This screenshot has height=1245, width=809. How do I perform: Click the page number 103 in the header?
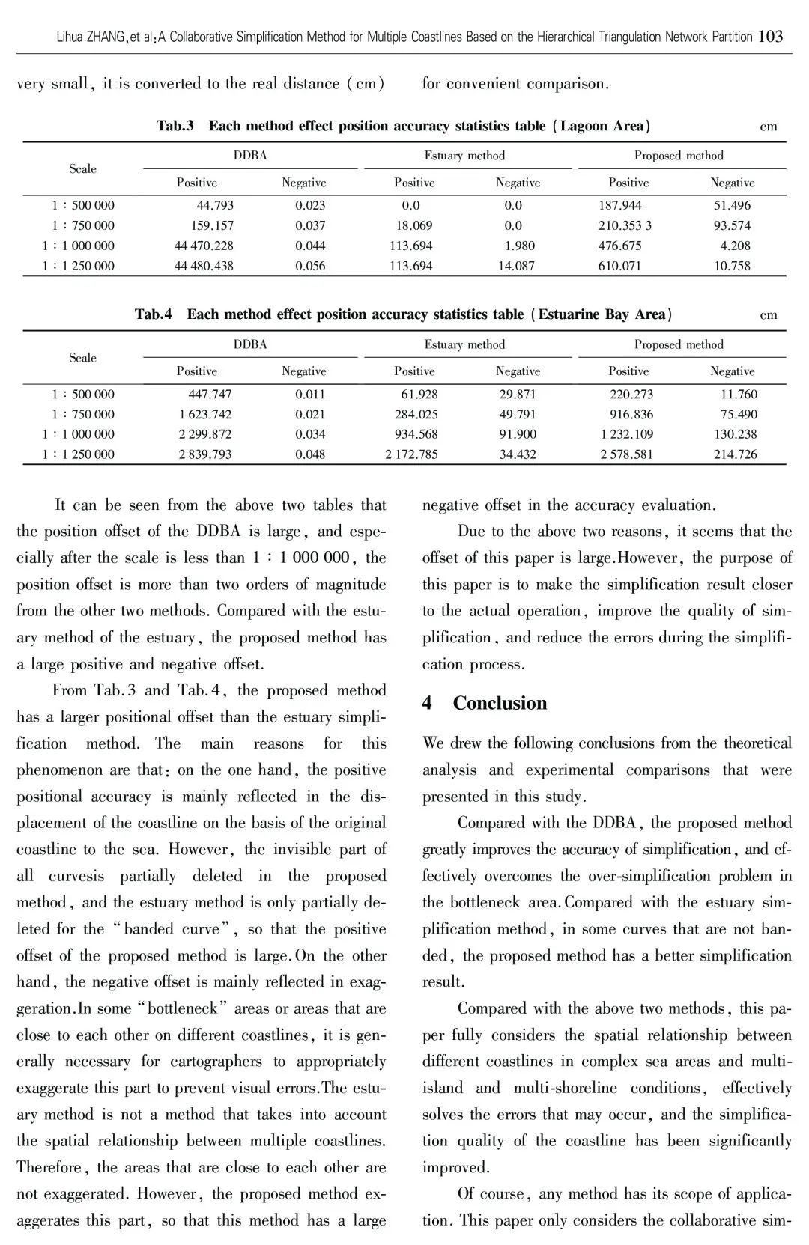[771, 36]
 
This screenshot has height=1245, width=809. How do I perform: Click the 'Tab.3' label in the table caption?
[175, 126]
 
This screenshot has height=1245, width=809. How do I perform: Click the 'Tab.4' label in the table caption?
[153, 314]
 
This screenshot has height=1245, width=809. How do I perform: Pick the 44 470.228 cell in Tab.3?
[204, 246]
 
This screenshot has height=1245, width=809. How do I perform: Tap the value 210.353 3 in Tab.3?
[625, 225]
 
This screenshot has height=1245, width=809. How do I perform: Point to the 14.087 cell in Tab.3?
[516, 266]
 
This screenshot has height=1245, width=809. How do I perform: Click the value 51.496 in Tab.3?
[732, 205]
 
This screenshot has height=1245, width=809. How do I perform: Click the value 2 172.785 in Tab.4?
[412, 454]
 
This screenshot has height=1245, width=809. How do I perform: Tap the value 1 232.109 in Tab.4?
[626, 434]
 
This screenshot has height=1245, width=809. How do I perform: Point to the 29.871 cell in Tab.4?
[518, 394]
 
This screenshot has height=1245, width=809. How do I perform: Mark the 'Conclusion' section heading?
[500, 703]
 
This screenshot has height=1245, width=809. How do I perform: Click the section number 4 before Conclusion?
[427, 703]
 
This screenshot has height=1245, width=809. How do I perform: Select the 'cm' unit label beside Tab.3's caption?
[769, 127]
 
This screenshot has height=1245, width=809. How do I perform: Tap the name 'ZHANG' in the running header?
[109, 37]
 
